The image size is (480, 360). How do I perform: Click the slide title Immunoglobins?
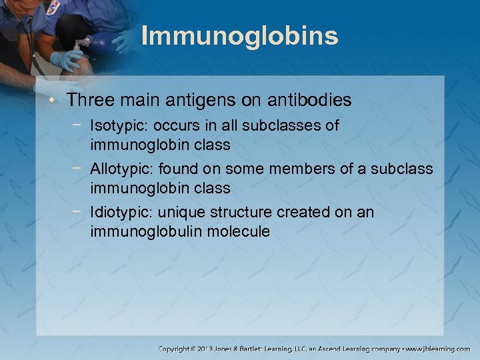click(240, 36)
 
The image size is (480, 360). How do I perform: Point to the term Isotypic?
click(115, 126)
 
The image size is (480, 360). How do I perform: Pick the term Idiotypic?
click(117, 213)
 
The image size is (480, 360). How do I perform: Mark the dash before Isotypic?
click(80, 126)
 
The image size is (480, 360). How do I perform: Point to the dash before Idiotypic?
click(80, 213)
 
